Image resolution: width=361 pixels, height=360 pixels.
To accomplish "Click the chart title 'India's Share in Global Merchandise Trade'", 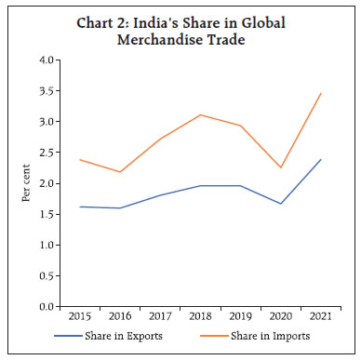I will (180, 28).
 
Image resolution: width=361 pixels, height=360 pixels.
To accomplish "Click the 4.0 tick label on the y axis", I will (47, 60).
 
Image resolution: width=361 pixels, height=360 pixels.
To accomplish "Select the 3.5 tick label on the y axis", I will (47, 91).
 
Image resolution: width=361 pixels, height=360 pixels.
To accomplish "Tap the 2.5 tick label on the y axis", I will (47, 153).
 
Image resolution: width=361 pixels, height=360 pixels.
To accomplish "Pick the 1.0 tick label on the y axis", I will (47, 245).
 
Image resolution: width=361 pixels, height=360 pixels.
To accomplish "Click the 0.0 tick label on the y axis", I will (47, 306).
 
